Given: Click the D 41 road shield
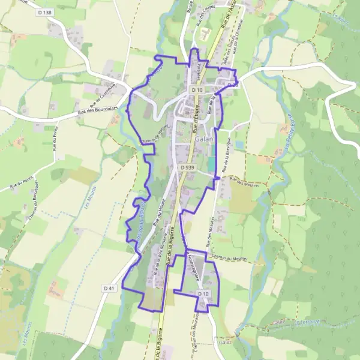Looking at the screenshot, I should pos(108,289).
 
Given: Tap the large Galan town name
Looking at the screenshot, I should pos(203,140).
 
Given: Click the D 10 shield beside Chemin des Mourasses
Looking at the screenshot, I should pos(203,293).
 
